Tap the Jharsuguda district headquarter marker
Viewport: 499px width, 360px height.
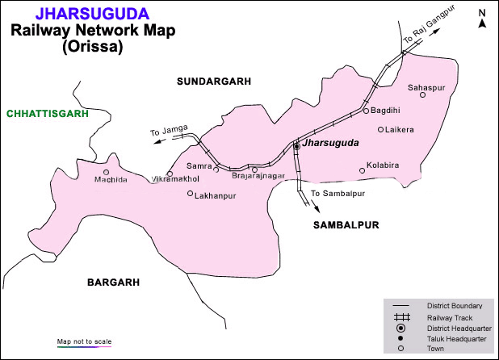click(x=297, y=146)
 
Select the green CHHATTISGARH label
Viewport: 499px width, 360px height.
click(x=47, y=114)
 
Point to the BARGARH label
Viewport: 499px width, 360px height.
click(x=114, y=282)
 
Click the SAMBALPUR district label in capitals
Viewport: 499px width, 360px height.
click(x=346, y=225)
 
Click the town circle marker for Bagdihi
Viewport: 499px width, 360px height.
click(x=365, y=111)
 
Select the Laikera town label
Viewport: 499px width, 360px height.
click(x=400, y=129)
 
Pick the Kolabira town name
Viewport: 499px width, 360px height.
click(x=383, y=165)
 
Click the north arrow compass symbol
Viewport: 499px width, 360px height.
click(x=482, y=19)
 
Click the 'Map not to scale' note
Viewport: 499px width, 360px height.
click(x=84, y=341)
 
